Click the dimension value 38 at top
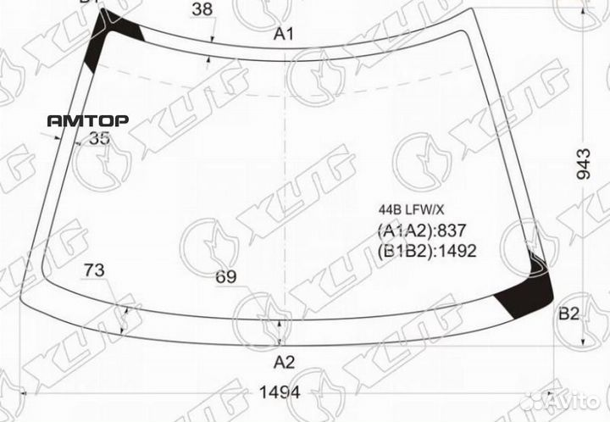(202, 10)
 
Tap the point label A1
(283, 35)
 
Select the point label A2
(283, 363)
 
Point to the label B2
(568, 315)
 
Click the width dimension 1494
(280, 392)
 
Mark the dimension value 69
(225, 277)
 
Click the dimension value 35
(99, 140)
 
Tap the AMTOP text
(87, 121)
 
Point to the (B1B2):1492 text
(426, 251)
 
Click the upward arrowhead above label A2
(280, 326)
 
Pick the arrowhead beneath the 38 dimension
(209, 58)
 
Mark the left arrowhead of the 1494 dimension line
(22, 393)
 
